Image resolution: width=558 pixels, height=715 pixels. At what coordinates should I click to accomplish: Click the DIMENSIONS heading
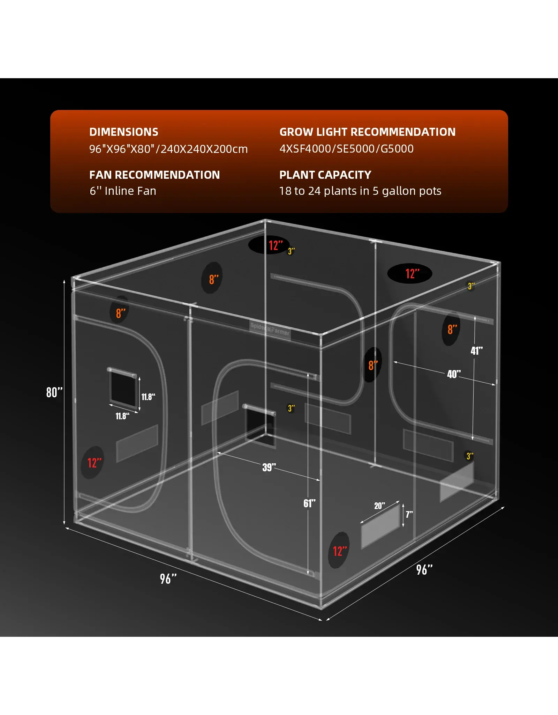[x=124, y=132]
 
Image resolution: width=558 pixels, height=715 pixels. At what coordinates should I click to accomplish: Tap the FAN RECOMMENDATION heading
[x=154, y=175]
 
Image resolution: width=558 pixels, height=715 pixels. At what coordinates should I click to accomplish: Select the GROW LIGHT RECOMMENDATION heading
[x=368, y=132]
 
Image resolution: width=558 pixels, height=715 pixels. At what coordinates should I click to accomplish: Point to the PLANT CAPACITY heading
[x=325, y=175]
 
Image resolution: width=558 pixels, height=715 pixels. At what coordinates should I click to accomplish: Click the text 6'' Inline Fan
[x=123, y=191]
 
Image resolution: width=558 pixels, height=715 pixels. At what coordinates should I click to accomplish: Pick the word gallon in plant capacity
[x=397, y=191]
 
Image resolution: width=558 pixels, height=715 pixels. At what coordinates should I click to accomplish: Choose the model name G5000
[x=397, y=149]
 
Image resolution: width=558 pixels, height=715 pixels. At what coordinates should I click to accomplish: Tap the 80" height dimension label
[x=54, y=392]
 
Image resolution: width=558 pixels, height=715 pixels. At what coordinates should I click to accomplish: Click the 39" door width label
[x=269, y=467]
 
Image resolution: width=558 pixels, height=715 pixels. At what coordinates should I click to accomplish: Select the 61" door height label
[x=309, y=503]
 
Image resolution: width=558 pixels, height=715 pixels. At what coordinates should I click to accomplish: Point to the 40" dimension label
[x=454, y=374]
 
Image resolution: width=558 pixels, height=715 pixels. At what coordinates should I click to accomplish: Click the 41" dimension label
[x=476, y=351]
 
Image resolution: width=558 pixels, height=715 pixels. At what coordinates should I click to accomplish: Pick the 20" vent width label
[x=379, y=506]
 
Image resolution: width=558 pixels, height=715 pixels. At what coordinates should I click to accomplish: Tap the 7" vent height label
[x=409, y=514]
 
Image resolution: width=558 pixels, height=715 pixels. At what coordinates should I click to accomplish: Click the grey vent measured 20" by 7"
[x=380, y=527]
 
